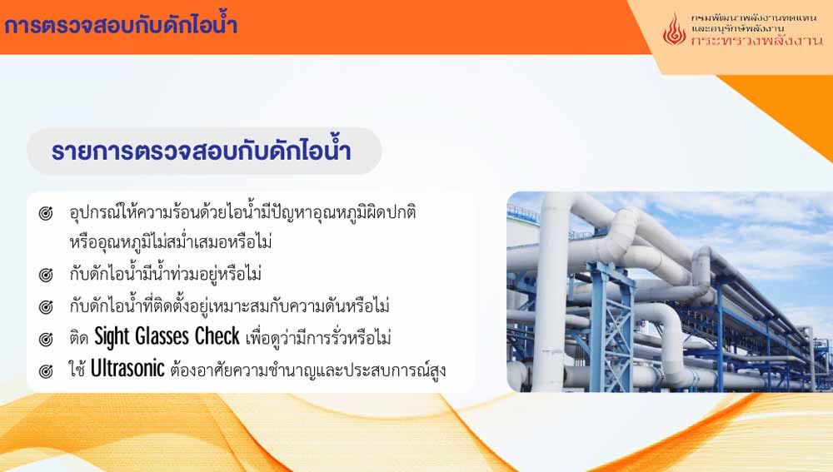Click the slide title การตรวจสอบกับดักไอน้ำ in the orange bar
(x=121, y=24)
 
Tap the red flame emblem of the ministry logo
(x=674, y=29)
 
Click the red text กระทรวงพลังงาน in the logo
(x=757, y=40)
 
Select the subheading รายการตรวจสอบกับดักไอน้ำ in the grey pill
(x=202, y=151)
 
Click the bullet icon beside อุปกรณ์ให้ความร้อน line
(x=46, y=213)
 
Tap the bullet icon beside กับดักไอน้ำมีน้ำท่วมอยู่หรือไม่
(x=46, y=275)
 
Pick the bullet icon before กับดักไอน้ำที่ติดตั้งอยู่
(x=46, y=307)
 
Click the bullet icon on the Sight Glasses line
(x=46, y=339)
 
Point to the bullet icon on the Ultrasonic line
(x=46, y=370)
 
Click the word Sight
(x=112, y=337)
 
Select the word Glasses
(x=162, y=336)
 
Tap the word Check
(x=217, y=336)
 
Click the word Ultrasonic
(x=127, y=369)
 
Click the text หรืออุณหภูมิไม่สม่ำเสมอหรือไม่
(x=171, y=242)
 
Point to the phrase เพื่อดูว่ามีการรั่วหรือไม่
(x=318, y=338)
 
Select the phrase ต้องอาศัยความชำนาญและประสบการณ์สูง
(x=308, y=370)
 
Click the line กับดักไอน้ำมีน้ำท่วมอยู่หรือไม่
(x=165, y=274)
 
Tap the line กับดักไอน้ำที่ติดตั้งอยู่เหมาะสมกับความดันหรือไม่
(x=230, y=306)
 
